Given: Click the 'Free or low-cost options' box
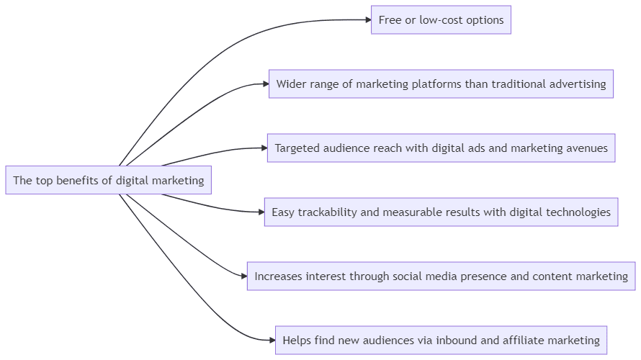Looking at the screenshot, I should [441, 20].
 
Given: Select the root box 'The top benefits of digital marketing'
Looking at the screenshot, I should [109, 180].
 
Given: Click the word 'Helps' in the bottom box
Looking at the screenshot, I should [297, 340].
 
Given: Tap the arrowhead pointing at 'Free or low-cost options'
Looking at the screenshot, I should [367, 20].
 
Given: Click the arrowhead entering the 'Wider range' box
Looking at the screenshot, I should [264, 84].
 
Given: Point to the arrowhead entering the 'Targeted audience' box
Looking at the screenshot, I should [263, 148].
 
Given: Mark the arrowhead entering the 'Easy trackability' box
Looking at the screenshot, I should [260, 212].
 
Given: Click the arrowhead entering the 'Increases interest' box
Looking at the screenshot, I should [243, 276].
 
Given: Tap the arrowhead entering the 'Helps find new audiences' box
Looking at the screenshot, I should [271, 340].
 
